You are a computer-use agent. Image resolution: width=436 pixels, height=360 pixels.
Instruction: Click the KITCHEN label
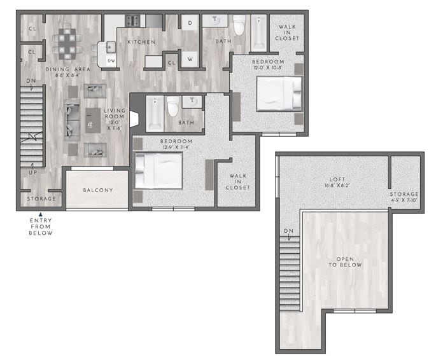click(141, 42)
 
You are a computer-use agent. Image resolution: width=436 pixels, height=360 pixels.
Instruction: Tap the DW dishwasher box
click(111, 61)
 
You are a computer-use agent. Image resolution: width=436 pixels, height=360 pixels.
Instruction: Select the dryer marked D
click(190, 23)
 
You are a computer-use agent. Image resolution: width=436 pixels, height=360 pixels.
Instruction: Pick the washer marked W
click(190, 60)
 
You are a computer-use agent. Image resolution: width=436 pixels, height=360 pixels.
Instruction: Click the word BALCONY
click(98, 190)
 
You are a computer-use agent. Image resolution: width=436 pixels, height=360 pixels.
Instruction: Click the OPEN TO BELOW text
click(345, 261)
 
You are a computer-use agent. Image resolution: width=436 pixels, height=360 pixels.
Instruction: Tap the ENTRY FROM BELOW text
click(41, 227)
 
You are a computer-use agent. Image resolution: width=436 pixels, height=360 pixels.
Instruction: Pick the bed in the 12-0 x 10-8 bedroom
click(278, 94)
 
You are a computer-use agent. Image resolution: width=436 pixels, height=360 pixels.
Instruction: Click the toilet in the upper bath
click(239, 25)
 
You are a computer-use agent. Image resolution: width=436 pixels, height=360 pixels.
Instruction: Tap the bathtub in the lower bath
click(154, 113)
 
